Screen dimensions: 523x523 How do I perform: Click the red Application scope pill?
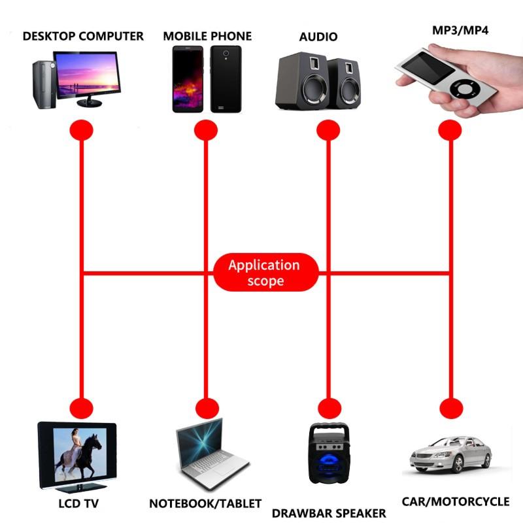tap(265, 273)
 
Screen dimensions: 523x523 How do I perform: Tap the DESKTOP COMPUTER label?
tap(83, 36)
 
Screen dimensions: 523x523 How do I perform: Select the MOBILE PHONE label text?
tap(207, 36)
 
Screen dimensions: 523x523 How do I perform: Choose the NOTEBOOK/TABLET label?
tap(205, 503)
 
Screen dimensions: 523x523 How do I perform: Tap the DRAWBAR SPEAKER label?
tap(329, 513)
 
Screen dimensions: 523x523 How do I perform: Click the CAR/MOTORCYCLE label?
tap(455, 501)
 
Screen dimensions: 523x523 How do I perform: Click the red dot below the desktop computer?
tap(82, 129)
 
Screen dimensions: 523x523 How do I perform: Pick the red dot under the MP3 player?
tap(450, 129)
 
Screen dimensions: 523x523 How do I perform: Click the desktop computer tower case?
tap(41, 84)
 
